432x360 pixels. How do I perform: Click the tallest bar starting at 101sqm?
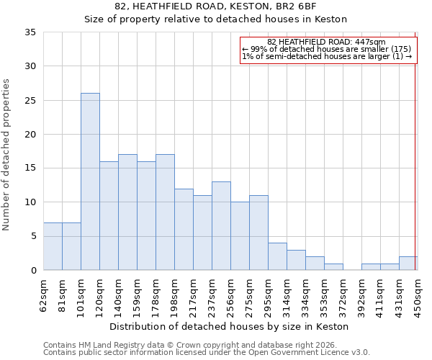click(x=90, y=181)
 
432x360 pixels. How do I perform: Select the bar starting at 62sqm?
click(x=53, y=246)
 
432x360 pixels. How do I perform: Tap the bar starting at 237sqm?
click(x=221, y=226)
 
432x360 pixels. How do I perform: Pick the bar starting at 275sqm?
click(x=258, y=233)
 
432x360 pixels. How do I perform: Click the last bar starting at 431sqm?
click(x=408, y=264)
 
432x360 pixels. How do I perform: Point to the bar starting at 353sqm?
click(x=333, y=267)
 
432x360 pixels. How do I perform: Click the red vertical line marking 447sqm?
click(x=415, y=151)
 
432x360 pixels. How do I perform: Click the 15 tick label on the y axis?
click(x=30, y=168)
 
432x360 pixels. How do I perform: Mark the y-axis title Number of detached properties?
click(x=7, y=154)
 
